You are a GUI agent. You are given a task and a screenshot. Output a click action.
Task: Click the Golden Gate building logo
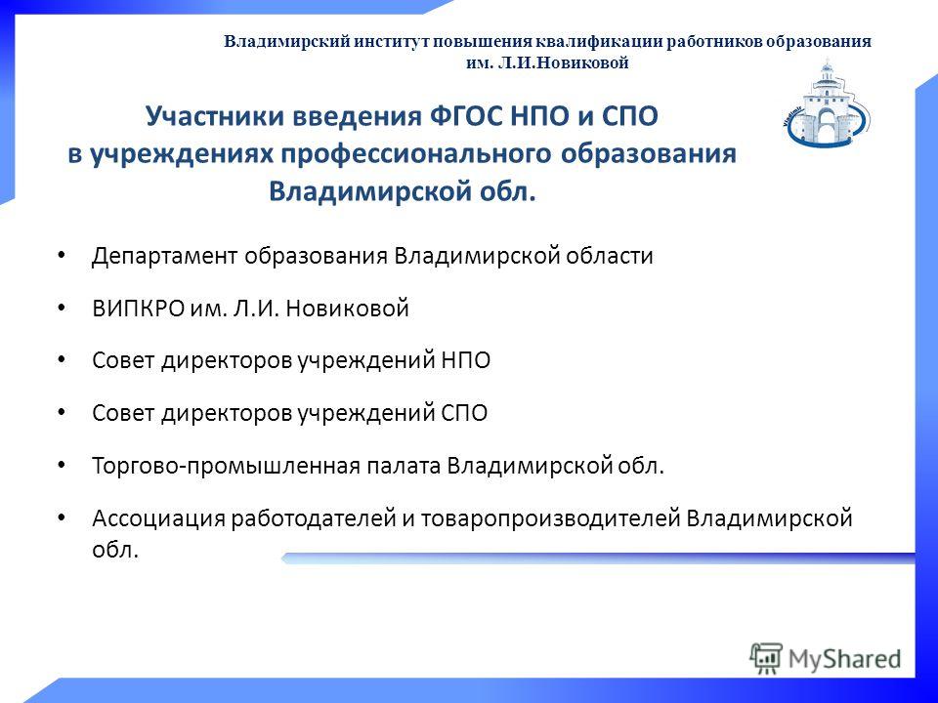(827, 103)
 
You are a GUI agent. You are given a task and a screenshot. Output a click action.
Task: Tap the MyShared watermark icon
(766, 658)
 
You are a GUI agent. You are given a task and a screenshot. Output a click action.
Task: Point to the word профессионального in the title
(416, 154)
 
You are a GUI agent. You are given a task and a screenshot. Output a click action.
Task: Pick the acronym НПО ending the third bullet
(465, 360)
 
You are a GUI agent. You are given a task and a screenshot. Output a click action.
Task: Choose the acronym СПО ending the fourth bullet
(464, 413)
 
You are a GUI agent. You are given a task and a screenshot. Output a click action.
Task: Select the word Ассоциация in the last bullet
(158, 518)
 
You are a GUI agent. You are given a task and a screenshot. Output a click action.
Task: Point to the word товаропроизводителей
(550, 518)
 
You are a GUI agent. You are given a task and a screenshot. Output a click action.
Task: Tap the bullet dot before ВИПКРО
(61, 308)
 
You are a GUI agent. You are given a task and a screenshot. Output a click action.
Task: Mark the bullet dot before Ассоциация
(61, 517)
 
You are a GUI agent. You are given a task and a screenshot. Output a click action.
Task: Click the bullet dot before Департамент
(61, 255)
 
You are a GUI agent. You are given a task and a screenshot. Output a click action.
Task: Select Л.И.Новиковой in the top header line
(564, 62)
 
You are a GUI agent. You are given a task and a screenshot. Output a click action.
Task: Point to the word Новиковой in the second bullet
(347, 309)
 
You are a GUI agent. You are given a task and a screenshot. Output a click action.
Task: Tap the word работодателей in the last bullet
(314, 518)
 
